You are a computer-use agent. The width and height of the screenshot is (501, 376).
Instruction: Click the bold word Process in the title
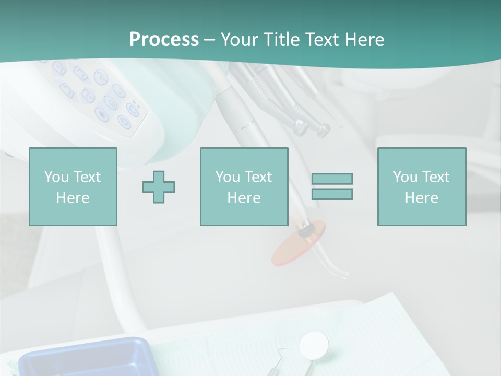pyautogui.click(x=164, y=40)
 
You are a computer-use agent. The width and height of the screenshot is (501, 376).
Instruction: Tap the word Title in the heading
pyautogui.click(x=281, y=40)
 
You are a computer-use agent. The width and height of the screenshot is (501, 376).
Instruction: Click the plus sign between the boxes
pyautogui.click(x=159, y=187)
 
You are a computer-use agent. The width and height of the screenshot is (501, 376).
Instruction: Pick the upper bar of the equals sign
pyautogui.click(x=332, y=179)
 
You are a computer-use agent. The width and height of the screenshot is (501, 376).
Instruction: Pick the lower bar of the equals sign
pyautogui.click(x=332, y=194)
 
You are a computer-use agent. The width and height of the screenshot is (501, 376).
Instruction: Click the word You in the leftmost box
pyautogui.click(x=56, y=177)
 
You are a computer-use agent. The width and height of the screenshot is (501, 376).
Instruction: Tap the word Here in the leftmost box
pyautogui.click(x=73, y=198)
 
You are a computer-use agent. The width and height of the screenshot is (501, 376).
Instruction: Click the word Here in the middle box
pyautogui.click(x=244, y=198)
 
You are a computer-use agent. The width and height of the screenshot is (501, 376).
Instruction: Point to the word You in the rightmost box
pyautogui.click(x=404, y=177)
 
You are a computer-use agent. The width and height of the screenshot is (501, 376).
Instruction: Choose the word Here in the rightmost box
pyautogui.click(x=421, y=198)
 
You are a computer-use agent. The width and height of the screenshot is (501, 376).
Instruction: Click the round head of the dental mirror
pyautogui.click(x=314, y=344)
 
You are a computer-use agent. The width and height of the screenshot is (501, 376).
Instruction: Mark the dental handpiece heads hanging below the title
pyautogui.click(x=311, y=125)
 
